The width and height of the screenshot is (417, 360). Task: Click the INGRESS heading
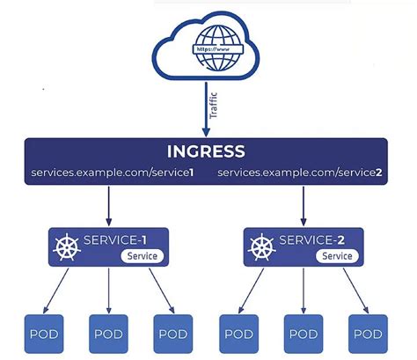coord(206,151)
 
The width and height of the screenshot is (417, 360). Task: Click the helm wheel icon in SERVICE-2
coord(261,248)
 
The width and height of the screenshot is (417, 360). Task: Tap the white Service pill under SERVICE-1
coord(140,256)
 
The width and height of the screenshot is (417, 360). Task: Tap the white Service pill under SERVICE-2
coord(335,256)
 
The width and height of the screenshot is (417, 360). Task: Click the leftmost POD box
coord(44,334)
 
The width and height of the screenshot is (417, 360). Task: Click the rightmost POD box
coord(369,334)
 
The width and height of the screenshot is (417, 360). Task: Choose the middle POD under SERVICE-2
coord(304,334)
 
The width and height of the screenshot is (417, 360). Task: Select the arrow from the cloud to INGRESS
coord(206,106)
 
